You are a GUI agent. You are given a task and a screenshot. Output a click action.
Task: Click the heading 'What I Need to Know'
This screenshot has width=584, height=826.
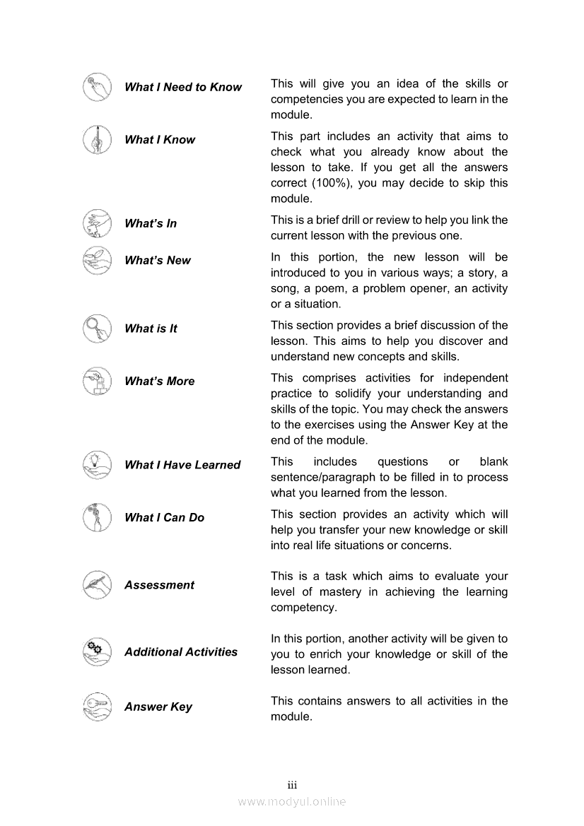(182, 88)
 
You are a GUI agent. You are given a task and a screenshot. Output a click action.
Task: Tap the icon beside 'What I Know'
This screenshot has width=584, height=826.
(97, 138)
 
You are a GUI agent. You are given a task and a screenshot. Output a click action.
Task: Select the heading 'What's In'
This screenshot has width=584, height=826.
(150, 224)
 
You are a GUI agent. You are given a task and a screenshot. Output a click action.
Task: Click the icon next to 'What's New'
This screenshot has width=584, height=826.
(97, 259)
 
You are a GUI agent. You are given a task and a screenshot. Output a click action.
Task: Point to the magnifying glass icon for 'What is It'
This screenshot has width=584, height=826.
(97, 329)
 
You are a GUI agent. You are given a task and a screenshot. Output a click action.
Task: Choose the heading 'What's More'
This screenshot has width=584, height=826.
(159, 382)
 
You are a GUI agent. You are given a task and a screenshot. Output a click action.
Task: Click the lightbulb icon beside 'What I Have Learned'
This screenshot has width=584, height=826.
(97, 464)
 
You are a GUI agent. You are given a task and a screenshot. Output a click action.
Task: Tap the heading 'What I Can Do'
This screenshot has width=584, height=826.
(164, 518)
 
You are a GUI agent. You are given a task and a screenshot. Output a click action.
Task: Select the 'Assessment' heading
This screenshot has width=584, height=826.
(159, 585)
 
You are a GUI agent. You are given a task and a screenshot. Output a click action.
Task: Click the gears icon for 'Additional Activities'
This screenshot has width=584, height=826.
(97, 651)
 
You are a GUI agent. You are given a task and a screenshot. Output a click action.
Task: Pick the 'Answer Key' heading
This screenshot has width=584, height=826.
(158, 707)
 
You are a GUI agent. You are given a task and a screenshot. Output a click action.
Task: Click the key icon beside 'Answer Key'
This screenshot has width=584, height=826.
(97, 706)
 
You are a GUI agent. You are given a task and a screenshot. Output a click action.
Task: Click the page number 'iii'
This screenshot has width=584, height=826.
(292, 786)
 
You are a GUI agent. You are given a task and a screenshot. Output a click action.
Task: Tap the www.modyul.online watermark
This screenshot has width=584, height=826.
(292, 801)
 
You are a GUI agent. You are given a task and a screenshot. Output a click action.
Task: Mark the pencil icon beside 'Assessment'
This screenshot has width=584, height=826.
(97, 584)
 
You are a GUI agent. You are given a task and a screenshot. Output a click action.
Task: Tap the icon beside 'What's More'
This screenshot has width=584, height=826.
(97, 381)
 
